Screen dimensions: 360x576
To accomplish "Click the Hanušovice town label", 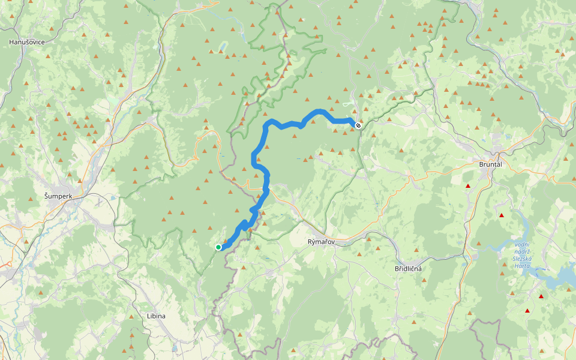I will point(27,42).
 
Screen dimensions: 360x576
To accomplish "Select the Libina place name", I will point(156,316).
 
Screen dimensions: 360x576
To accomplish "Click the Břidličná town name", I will point(409,268).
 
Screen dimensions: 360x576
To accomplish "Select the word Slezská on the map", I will point(523,257).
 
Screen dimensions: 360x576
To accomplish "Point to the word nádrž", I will point(523,250).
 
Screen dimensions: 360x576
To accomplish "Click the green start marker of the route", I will point(218,247).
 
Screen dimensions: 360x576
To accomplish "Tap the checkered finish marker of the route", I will point(358,125).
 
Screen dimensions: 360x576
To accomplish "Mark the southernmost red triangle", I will point(527,311).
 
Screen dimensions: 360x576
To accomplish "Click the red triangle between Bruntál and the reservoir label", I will point(502,215).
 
